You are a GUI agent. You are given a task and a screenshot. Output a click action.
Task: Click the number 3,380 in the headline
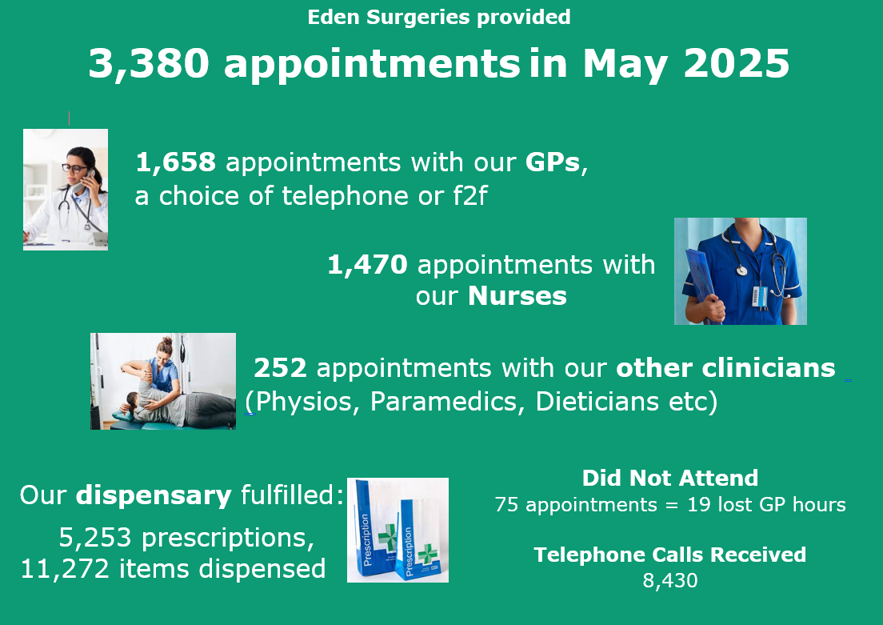(150, 62)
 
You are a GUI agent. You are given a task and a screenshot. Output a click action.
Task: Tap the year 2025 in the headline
(736, 62)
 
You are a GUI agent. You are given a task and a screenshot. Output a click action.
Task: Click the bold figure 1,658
(176, 162)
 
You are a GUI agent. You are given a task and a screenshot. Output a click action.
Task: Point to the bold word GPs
(553, 162)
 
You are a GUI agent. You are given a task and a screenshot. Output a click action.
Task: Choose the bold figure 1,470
(367, 264)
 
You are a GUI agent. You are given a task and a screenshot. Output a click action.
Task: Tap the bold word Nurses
(517, 296)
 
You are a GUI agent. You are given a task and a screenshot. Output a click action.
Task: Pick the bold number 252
(281, 368)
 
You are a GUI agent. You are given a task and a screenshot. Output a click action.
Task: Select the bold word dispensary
(154, 496)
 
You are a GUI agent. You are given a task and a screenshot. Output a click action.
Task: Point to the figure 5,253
(95, 538)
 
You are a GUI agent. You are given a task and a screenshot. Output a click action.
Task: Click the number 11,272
(65, 569)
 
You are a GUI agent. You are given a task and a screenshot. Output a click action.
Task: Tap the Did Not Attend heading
(670, 478)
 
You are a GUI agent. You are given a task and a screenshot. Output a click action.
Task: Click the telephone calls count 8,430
(670, 580)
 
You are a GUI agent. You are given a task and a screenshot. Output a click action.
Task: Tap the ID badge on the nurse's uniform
(761, 296)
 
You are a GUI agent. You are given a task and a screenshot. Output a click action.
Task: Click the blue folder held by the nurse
(701, 285)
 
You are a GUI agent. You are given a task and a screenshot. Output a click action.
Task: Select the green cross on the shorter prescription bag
(428, 554)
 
